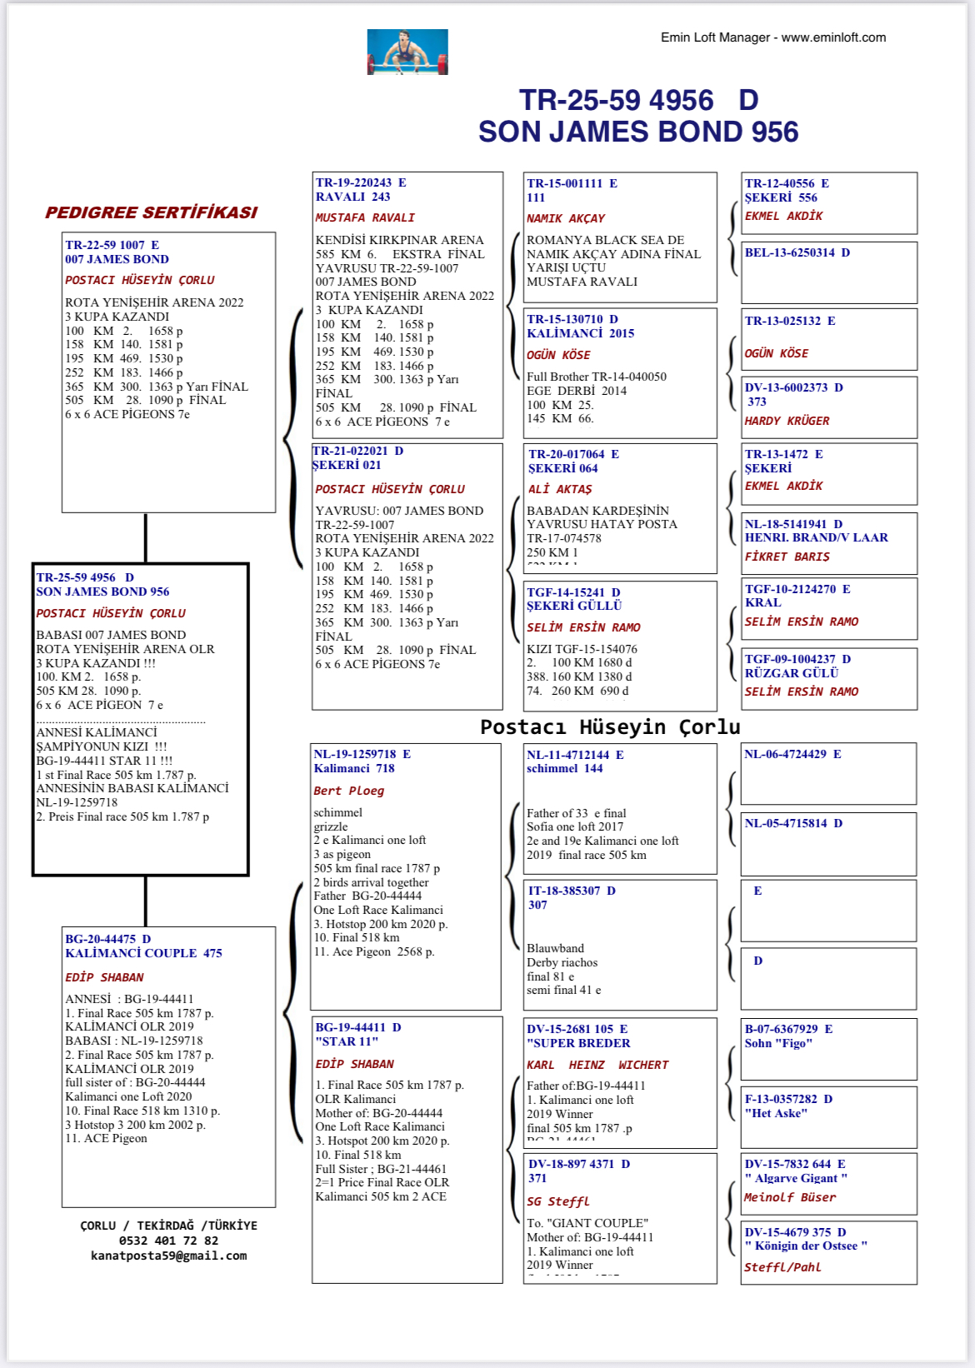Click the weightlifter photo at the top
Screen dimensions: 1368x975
point(407,52)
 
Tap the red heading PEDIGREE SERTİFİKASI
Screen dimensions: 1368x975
point(151,212)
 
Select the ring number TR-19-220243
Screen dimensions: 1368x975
point(353,182)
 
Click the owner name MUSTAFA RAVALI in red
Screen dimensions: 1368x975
point(364,217)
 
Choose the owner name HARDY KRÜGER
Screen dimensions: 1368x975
point(787,421)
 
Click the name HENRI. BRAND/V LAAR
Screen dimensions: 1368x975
point(816,537)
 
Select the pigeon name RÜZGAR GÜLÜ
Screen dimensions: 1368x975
point(791,673)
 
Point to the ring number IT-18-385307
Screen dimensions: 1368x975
point(564,891)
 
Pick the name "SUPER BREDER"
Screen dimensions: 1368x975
point(578,1043)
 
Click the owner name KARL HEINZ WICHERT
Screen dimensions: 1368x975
point(597,1065)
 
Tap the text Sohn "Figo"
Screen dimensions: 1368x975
point(778,1043)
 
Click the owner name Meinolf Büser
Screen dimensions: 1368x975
point(790,1197)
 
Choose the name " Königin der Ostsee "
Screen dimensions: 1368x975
point(806,1246)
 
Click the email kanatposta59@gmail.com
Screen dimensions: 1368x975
point(168,1256)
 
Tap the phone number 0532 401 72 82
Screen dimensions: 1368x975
point(168,1241)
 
